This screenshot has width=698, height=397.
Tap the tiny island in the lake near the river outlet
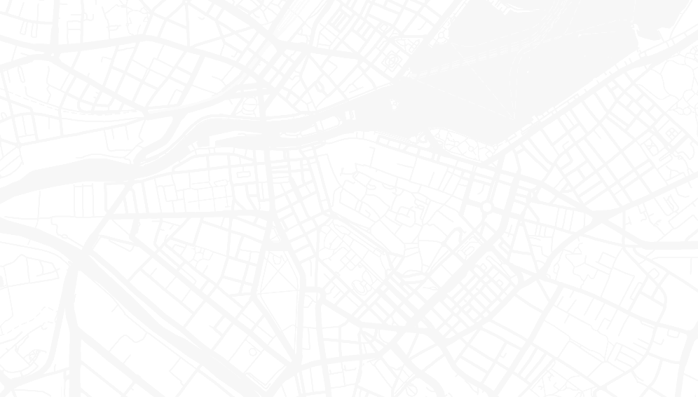394,105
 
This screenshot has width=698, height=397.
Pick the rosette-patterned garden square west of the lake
390,62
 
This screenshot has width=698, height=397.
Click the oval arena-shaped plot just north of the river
249,106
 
